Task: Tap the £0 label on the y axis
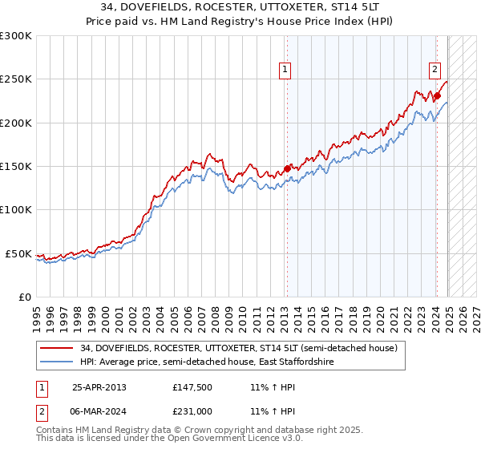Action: pyautogui.click(x=24, y=297)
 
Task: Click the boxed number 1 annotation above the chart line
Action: pyautogui.click(x=285, y=70)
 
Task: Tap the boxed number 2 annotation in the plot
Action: pyautogui.click(x=435, y=70)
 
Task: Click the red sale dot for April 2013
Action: pyautogui.click(x=287, y=169)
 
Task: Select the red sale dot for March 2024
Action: pyautogui.click(x=438, y=96)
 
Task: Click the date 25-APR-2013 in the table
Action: pyautogui.click(x=99, y=386)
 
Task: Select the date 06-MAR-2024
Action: pyautogui.click(x=99, y=411)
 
